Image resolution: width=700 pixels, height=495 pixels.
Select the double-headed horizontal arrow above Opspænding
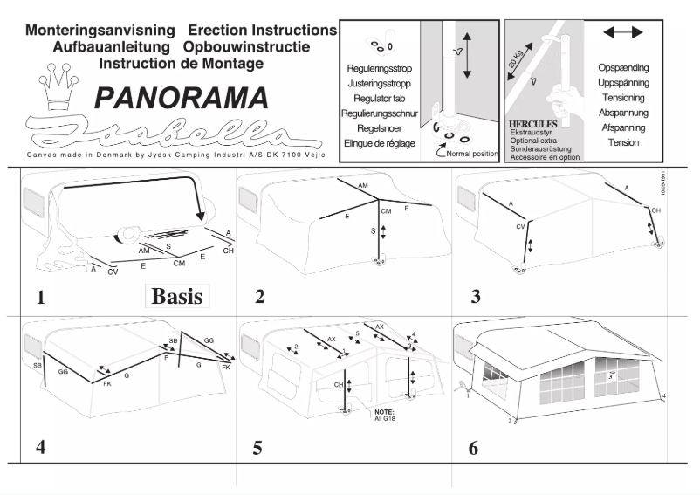coord(622,31)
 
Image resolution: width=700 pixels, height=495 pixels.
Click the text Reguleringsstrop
coord(380,67)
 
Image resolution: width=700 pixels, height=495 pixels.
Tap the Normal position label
coord(471,154)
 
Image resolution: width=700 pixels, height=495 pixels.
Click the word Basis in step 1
coord(177,295)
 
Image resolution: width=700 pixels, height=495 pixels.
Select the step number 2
coord(260,297)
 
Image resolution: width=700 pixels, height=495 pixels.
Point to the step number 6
coord(473,448)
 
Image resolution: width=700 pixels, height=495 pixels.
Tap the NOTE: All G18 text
coord(384,415)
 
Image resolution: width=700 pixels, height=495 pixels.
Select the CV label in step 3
coord(519,226)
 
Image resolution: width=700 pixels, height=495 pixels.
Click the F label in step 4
coord(166,357)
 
